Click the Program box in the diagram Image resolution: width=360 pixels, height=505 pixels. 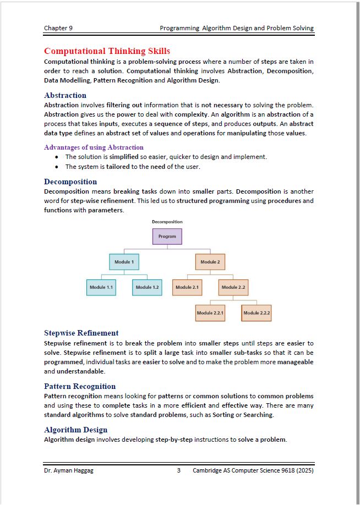pos(167,237)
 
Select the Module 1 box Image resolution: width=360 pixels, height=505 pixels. pos(124,262)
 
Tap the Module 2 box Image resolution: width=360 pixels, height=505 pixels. pos(210,262)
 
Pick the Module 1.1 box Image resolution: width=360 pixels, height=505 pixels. pos(101,287)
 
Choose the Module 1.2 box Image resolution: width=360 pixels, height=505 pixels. pos(147,287)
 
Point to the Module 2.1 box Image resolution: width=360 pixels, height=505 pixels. pos(187,287)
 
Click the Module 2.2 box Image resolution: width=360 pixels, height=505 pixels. pos(233,287)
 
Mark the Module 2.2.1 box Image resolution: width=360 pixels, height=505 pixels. pos(210,312)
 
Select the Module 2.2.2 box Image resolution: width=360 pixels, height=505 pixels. pos(257,312)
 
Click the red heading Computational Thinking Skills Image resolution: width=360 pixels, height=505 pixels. pos(107,51)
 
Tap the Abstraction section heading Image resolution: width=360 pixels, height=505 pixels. pos(65,95)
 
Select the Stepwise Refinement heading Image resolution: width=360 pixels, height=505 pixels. pos(81,333)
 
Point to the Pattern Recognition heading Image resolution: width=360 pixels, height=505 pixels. pos(80,386)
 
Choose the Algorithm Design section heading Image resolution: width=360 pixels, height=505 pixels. pos(75,430)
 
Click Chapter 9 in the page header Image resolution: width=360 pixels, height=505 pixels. pos(58,28)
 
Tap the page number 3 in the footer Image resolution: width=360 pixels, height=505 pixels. pos(179,470)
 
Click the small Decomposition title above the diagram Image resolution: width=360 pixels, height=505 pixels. pos(167,222)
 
